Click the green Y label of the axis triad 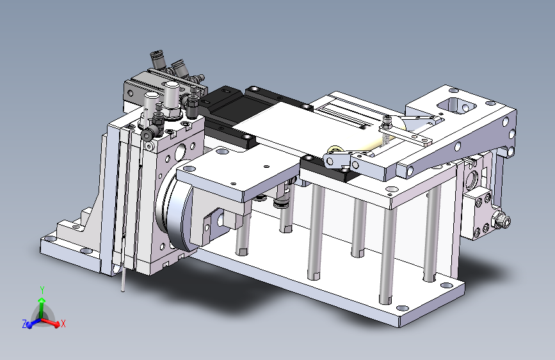[x=42, y=290]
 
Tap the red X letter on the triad [x=63, y=323]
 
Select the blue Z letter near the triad [x=24, y=324]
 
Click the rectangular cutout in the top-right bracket [x=456, y=105]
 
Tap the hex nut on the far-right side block [x=503, y=221]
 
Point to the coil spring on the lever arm [x=385, y=139]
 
